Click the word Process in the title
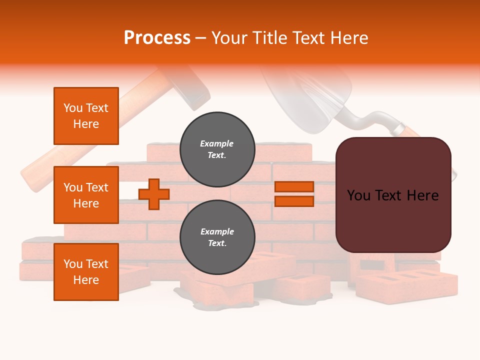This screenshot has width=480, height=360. [157, 38]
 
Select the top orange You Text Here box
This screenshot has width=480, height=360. [86, 116]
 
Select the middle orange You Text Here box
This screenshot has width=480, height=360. [86, 195]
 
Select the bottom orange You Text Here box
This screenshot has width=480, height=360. [86, 272]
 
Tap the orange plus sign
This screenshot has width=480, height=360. [153, 194]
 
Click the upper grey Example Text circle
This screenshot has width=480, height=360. [217, 149]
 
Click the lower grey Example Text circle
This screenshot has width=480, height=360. [217, 237]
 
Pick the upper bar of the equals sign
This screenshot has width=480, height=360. [294, 187]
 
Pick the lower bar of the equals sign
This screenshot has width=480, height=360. [294, 201]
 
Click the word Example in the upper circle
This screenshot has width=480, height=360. [217, 144]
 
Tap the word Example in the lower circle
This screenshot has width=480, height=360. [217, 232]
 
